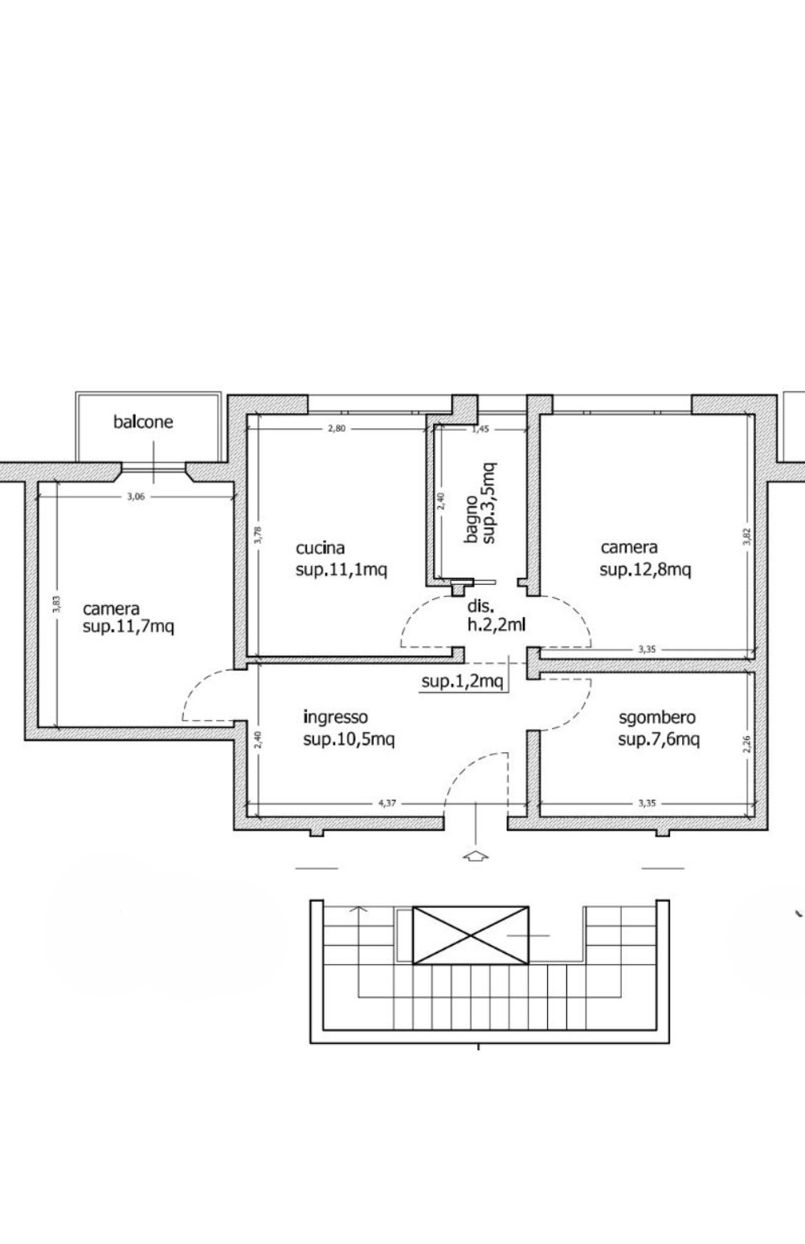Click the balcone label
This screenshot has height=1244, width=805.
(x=143, y=422)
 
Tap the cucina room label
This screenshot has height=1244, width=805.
(x=321, y=548)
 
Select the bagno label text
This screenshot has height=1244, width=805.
(x=472, y=519)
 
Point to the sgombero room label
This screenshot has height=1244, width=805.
(x=657, y=718)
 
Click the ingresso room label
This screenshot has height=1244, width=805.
(x=335, y=718)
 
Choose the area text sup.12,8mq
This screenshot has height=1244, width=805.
(x=645, y=571)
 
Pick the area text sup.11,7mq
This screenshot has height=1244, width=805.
(x=129, y=627)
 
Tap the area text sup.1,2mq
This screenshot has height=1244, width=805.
(x=462, y=681)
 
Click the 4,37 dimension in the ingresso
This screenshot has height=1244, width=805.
(x=387, y=803)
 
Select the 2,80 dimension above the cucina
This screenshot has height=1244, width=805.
(x=337, y=428)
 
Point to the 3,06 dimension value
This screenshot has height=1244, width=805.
(x=136, y=497)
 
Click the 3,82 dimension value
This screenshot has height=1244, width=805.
(x=747, y=537)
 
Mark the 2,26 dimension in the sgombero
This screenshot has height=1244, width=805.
(x=747, y=744)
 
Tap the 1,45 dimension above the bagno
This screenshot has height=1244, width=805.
(x=480, y=429)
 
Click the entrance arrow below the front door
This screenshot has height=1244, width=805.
(x=476, y=856)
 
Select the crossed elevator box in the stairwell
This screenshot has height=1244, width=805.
(x=471, y=935)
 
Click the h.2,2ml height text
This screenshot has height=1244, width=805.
(x=496, y=625)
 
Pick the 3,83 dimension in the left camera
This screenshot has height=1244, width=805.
(x=56, y=604)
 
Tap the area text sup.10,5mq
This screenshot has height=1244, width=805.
(x=349, y=740)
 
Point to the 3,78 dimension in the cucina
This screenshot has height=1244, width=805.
(x=258, y=535)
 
